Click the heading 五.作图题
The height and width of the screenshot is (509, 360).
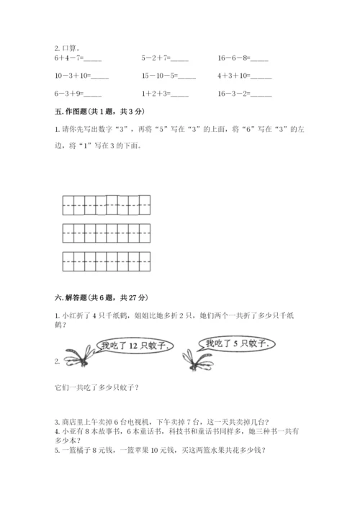(x=88, y=112)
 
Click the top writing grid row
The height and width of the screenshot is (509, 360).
(x=106, y=205)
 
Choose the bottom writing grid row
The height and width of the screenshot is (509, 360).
(x=106, y=261)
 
